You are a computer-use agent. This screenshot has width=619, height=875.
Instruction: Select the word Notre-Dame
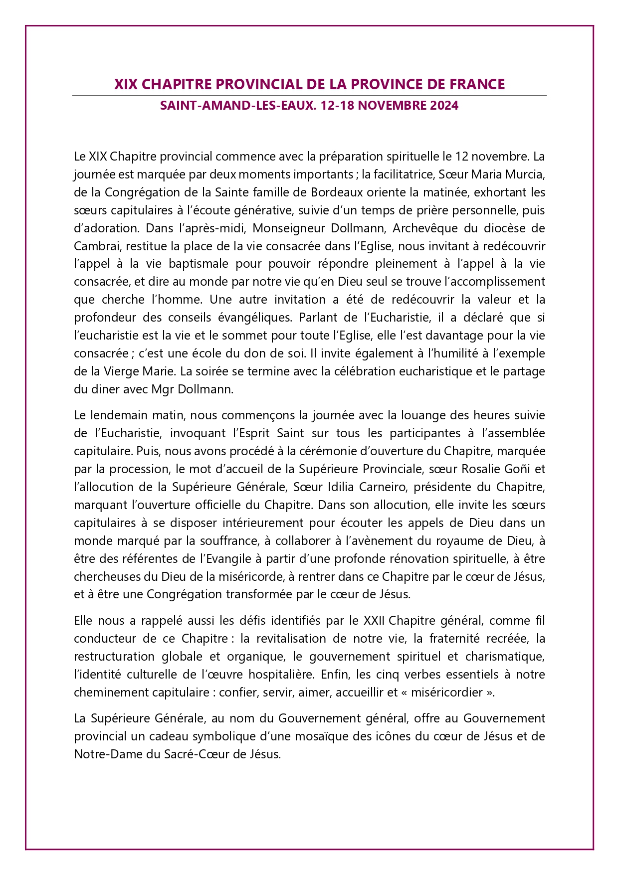click(x=102, y=754)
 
